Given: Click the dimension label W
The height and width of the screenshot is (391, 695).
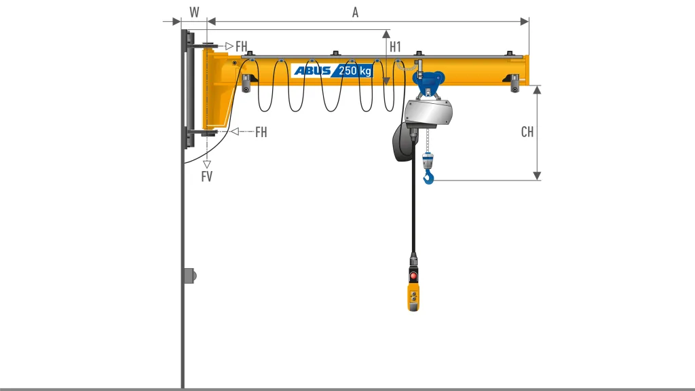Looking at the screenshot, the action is coord(194,12).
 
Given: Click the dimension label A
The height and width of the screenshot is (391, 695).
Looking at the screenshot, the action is coord(355,12).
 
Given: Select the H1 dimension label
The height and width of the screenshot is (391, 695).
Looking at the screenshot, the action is coord(395,47).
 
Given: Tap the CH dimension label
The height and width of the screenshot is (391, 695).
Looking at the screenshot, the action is coord(527,132).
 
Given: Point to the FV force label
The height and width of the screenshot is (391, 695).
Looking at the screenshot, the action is coord(206,176).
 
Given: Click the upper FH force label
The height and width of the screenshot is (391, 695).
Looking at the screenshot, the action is coord(241,46).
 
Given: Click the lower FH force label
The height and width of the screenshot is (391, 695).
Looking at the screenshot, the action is coord(261,132).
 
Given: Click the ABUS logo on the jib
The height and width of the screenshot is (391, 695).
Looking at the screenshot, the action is coord(312,71).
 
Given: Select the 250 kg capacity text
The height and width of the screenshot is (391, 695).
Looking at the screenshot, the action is coord(354,71).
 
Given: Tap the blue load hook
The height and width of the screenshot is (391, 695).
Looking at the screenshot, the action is coord(428,178).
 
